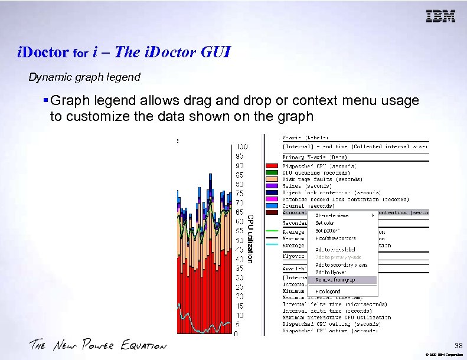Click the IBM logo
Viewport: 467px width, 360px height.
point(440,16)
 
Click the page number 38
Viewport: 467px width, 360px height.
point(458,345)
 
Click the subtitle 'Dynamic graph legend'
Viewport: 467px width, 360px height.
point(84,77)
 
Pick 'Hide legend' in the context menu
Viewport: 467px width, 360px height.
point(328,292)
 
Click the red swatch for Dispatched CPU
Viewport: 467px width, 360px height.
point(272,166)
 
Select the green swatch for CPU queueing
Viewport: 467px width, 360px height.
point(272,172)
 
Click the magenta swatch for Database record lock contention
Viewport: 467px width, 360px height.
point(272,199)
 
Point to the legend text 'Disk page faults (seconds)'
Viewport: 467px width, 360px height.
point(322,179)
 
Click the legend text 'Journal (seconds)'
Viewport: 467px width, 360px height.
point(308,205)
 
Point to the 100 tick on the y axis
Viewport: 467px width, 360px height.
point(241,146)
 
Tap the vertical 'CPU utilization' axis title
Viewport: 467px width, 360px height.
point(250,238)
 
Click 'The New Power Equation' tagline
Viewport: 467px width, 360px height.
point(97,345)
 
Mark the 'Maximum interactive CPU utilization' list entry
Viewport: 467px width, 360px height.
point(337,317)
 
